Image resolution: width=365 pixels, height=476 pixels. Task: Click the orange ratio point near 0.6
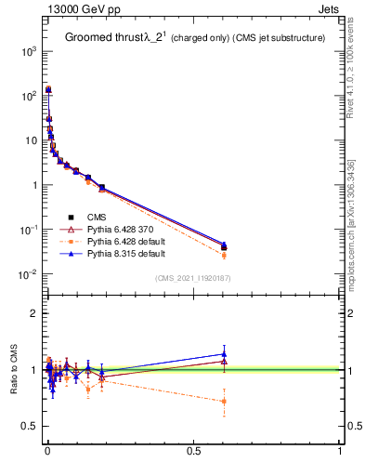pyautogui.click(x=224, y=402)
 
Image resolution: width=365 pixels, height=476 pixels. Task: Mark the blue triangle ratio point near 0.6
pyautogui.click(x=224, y=353)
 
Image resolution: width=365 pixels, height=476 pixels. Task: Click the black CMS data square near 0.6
pyautogui.click(x=224, y=247)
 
